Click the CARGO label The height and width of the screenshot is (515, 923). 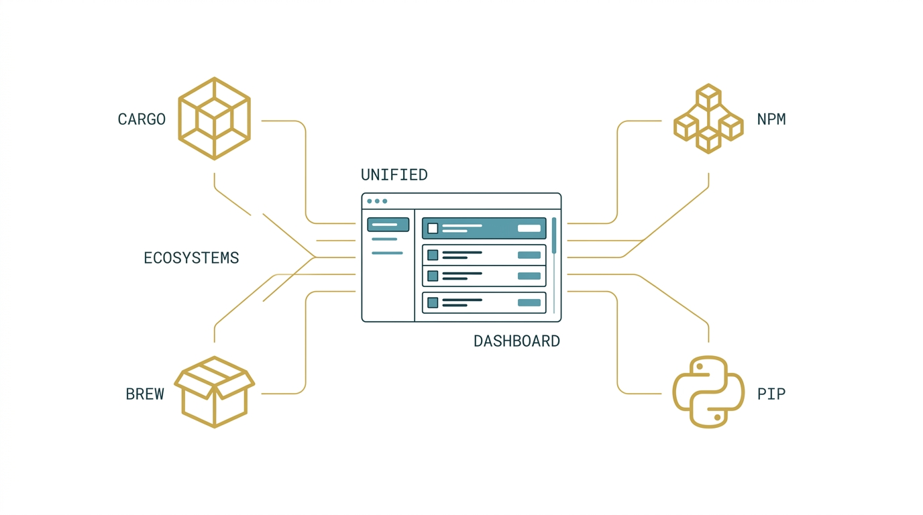coord(142,119)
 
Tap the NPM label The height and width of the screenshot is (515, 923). coord(771,119)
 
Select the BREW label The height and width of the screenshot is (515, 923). coord(145,394)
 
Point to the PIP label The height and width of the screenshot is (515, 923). coord(771,394)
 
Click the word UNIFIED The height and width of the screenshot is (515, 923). coord(394,175)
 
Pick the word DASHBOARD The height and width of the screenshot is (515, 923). coord(517,341)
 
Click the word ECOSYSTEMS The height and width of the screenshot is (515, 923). coord(191,258)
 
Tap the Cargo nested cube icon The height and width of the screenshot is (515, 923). coord(214,119)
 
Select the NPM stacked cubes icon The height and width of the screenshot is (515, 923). coord(708,119)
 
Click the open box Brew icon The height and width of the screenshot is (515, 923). coord(214,392)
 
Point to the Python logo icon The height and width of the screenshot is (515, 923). coord(708,392)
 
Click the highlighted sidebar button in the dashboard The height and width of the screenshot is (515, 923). coord(388,225)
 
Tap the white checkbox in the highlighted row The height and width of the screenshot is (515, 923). coord(433,228)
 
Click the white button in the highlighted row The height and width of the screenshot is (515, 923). coord(529,228)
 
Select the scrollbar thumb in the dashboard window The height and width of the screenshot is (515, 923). coord(554,235)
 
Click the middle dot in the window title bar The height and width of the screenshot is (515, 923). coord(377,201)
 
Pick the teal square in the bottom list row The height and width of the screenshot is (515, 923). coord(433,303)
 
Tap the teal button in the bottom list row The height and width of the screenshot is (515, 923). coord(529,303)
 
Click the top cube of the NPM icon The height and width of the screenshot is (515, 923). coord(708,97)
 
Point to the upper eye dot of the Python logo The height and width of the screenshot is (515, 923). coord(699,366)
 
